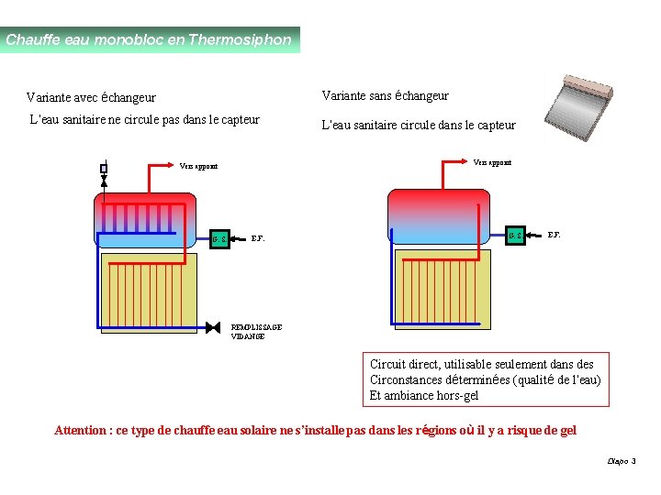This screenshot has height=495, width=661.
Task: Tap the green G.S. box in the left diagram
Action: click(219, 239)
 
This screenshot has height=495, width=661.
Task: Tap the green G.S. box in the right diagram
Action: click(516, 236)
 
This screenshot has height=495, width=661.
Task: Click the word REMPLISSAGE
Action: click(257, 327)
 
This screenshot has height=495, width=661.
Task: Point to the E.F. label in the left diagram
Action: click(259, 239)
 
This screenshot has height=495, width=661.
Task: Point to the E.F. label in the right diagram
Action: click(555, 236)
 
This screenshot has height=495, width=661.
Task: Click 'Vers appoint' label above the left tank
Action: click(198, 167)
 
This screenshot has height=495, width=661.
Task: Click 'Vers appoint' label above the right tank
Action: click(492, 162)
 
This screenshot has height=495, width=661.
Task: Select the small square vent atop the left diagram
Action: click(104, 168)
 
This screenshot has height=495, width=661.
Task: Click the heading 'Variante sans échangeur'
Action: click(385, 95)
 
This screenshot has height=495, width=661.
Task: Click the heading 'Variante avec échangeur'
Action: click(91, 97)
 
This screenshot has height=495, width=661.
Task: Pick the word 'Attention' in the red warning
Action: click(81, 431)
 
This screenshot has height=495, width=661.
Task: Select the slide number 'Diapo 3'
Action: click(622, 461)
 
